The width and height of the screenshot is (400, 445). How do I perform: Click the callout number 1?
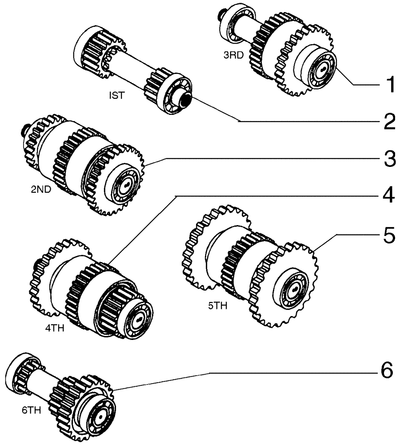(x=389, y=84)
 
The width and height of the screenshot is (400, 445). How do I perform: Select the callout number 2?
(x=389, y=121)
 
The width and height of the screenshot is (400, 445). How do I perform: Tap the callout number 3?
(x=389, y=159)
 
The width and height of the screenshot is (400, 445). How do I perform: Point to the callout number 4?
(x=389, y=196)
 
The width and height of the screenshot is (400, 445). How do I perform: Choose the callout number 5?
(x=389, y=235)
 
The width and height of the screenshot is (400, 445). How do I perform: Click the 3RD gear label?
(x=233, y=57)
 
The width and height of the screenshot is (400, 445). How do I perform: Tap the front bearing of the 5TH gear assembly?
(x=292, y=290)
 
